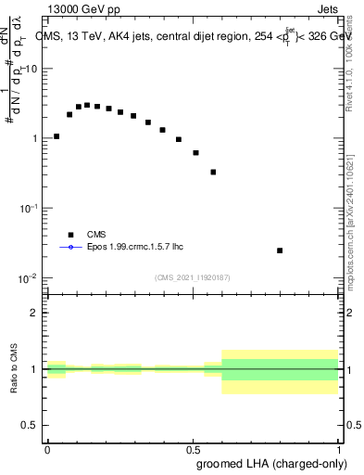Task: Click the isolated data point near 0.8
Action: click(280, 250)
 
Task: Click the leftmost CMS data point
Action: click(56, 136)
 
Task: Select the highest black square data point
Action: click(87, 105)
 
